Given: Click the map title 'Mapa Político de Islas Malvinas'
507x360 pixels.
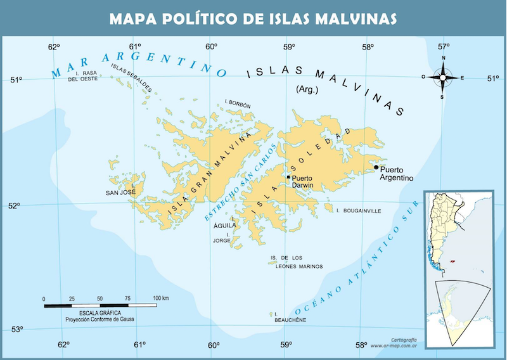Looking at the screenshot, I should (x=253, y=18).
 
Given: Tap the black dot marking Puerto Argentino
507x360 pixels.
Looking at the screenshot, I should (x=376, y=167).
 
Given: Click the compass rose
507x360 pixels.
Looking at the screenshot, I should (x=443, y=78).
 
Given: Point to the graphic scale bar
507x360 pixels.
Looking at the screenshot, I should (x=100, y=305).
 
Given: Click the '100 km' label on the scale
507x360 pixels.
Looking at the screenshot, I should (x=160, y=298).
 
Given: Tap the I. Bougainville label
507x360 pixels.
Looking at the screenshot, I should (x=359, y=210).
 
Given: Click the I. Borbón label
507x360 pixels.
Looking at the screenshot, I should (x=238, y=105).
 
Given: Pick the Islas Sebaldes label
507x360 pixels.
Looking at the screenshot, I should (x=131, y=76).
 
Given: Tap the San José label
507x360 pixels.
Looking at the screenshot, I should (x=120, y=193).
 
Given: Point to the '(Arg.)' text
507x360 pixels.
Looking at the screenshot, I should (x=307, y=90).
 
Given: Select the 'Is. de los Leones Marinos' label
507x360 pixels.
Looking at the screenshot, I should (x=296, y=262).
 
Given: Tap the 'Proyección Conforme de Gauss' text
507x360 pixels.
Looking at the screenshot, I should (x=99, y=320).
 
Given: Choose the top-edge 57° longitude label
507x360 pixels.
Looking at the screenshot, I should (x=443, y=46).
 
